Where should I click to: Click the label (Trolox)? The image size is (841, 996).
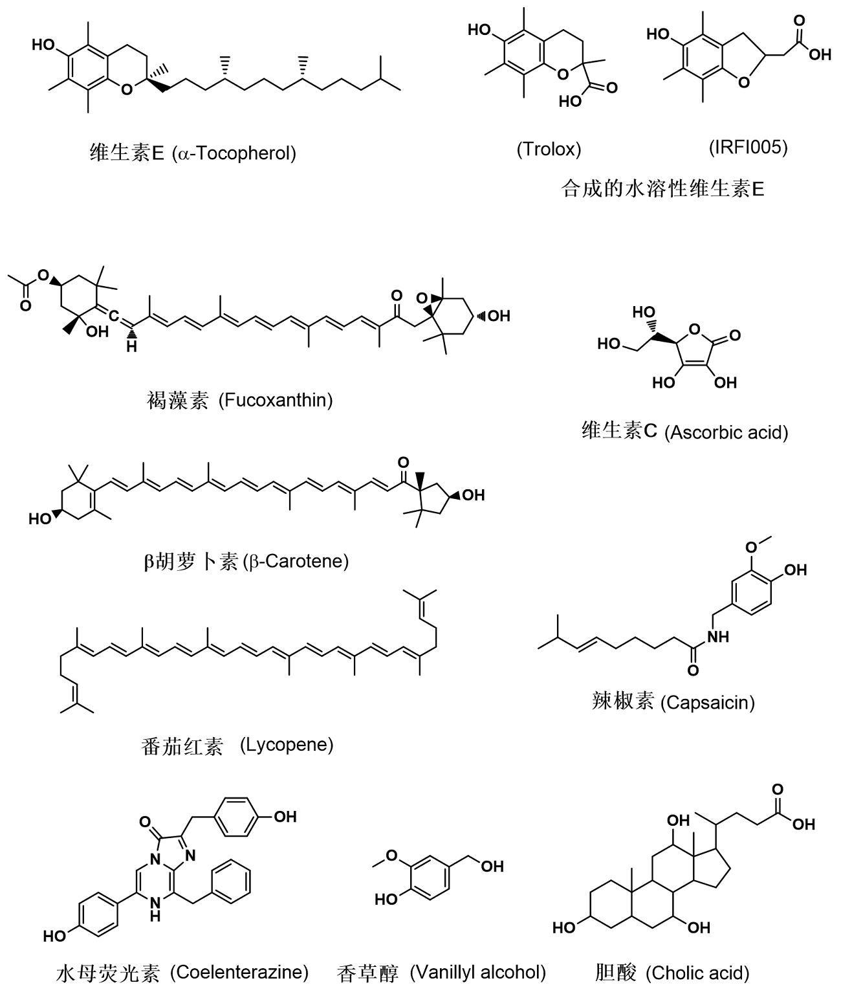(x=549, y=149)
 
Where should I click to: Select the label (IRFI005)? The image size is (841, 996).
(x=748, y=148)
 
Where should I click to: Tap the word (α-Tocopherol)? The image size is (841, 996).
(x=234, y=153)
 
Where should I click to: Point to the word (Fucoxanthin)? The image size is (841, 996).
(x=276, y=401)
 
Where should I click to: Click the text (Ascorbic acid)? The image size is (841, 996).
(x=726, y=432)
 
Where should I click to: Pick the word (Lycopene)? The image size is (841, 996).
(x=287, y=745)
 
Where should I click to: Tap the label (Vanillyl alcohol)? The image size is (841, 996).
(x=478, y=971)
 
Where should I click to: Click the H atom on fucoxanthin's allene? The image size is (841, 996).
(x=131, y=346)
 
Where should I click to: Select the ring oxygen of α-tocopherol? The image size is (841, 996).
(x=127, y=89)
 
